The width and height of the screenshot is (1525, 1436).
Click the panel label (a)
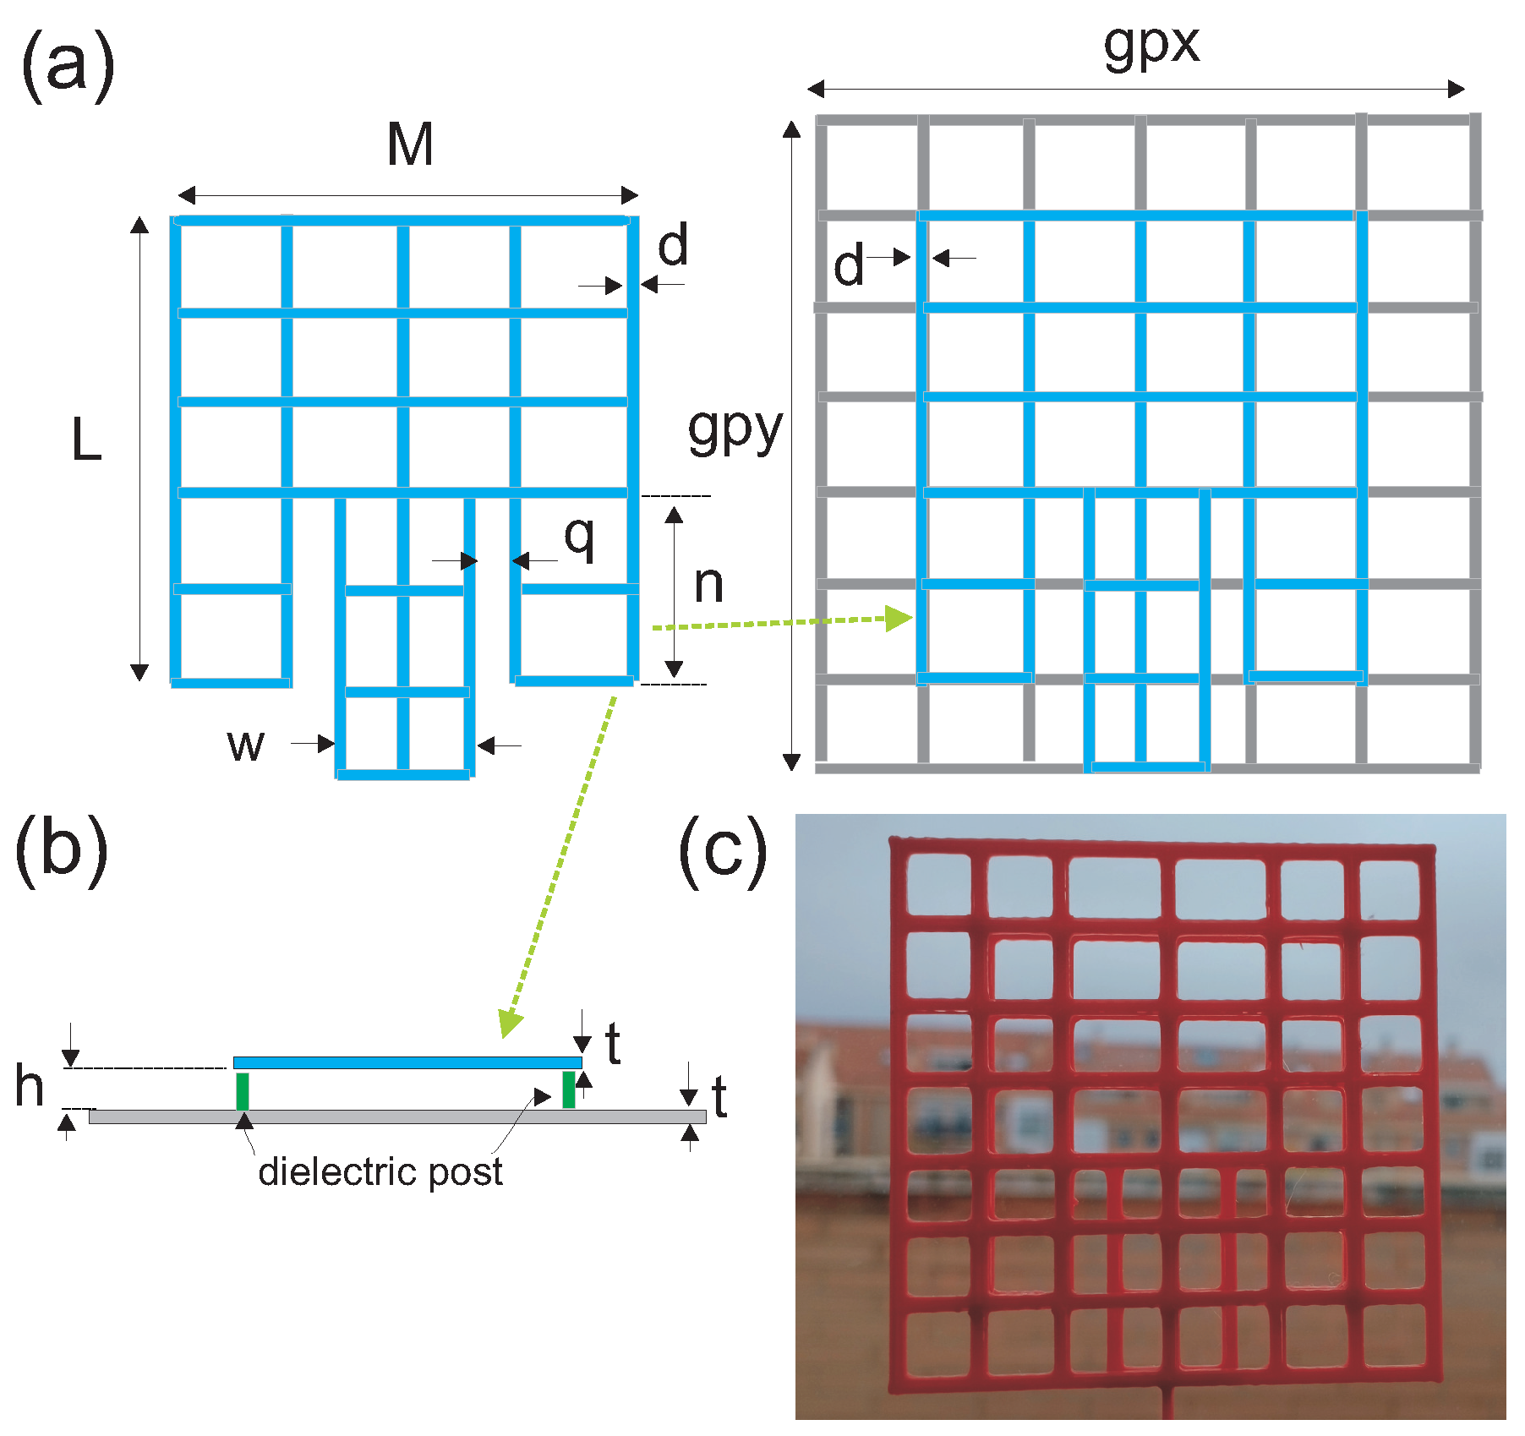68,65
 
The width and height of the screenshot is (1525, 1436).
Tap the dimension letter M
410,145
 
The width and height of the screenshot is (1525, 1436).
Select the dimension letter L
86,440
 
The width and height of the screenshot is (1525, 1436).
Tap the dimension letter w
246,745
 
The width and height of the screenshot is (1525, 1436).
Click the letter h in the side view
30,1086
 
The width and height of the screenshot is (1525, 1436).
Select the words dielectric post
380,1172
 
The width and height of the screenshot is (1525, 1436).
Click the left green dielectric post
243,1090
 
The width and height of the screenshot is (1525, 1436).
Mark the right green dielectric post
569,1089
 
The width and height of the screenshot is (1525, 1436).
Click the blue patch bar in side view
407,1062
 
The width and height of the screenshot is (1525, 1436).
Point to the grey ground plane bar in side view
397,1117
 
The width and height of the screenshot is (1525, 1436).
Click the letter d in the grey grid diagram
848,265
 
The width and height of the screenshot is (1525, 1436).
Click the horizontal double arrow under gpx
1136,89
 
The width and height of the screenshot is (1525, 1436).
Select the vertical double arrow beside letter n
674,592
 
